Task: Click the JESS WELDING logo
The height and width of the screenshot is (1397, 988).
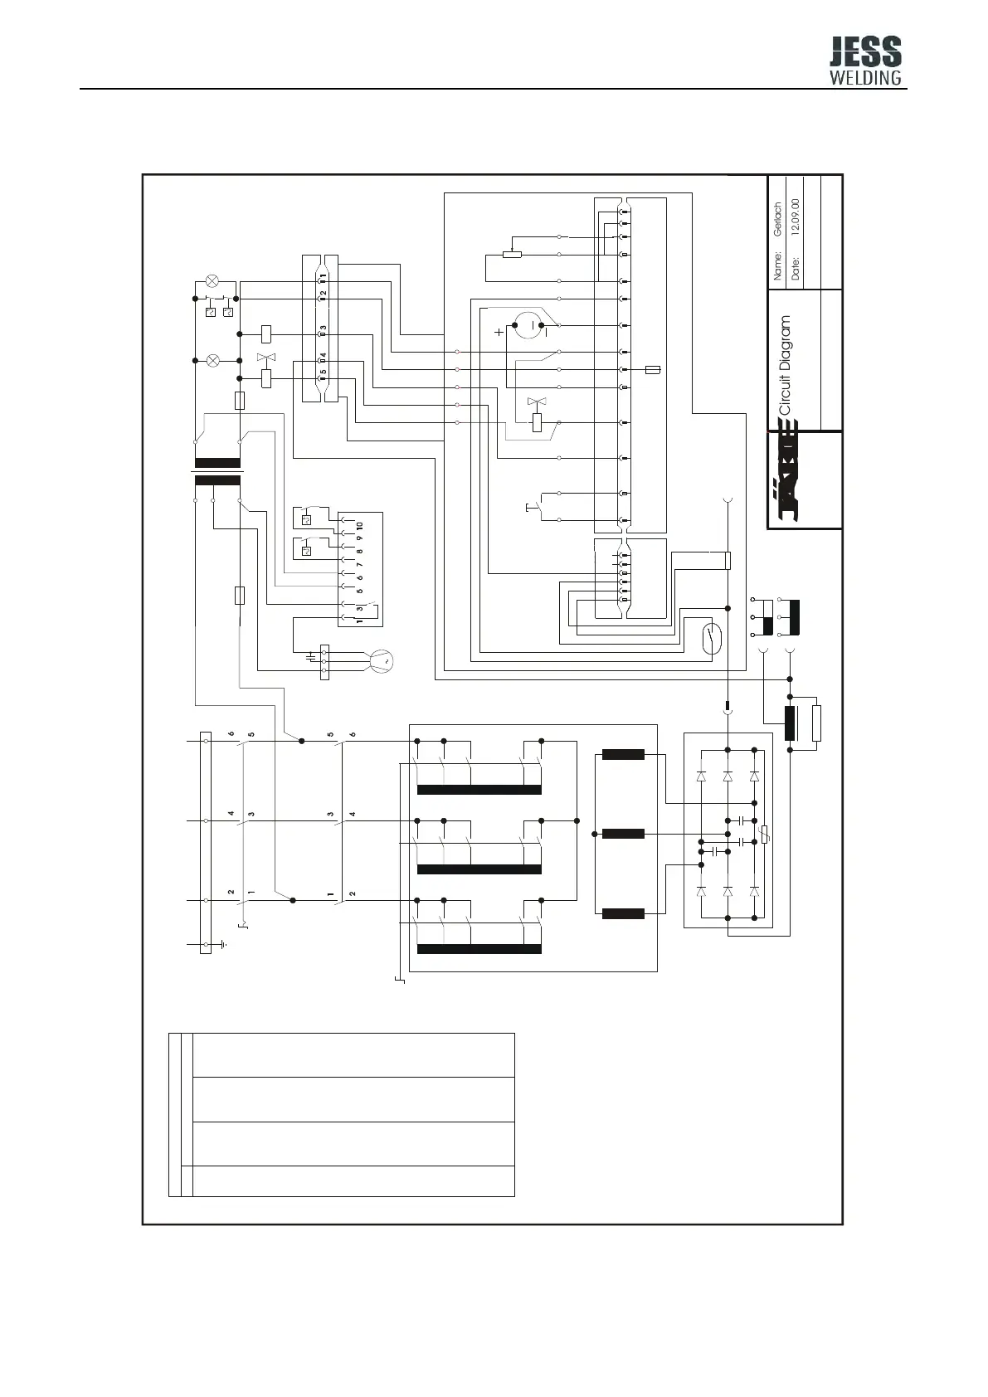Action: click(865, 62)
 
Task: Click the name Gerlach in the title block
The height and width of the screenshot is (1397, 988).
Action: click(777, 220)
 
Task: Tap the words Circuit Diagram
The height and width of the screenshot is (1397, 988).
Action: click(785, 365)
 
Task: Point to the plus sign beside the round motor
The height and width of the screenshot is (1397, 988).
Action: click(499, 332)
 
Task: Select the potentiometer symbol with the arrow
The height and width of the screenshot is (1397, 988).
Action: click(513, 254)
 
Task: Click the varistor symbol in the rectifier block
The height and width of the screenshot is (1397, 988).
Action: click(764, 835)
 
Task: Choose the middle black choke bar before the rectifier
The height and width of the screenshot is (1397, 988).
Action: click(623, 834)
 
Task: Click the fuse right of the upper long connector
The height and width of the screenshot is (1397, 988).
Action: click(652, 370)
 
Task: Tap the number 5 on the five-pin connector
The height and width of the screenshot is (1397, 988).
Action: click(324, 372)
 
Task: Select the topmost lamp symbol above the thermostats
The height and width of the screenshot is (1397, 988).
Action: click(213, 280)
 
